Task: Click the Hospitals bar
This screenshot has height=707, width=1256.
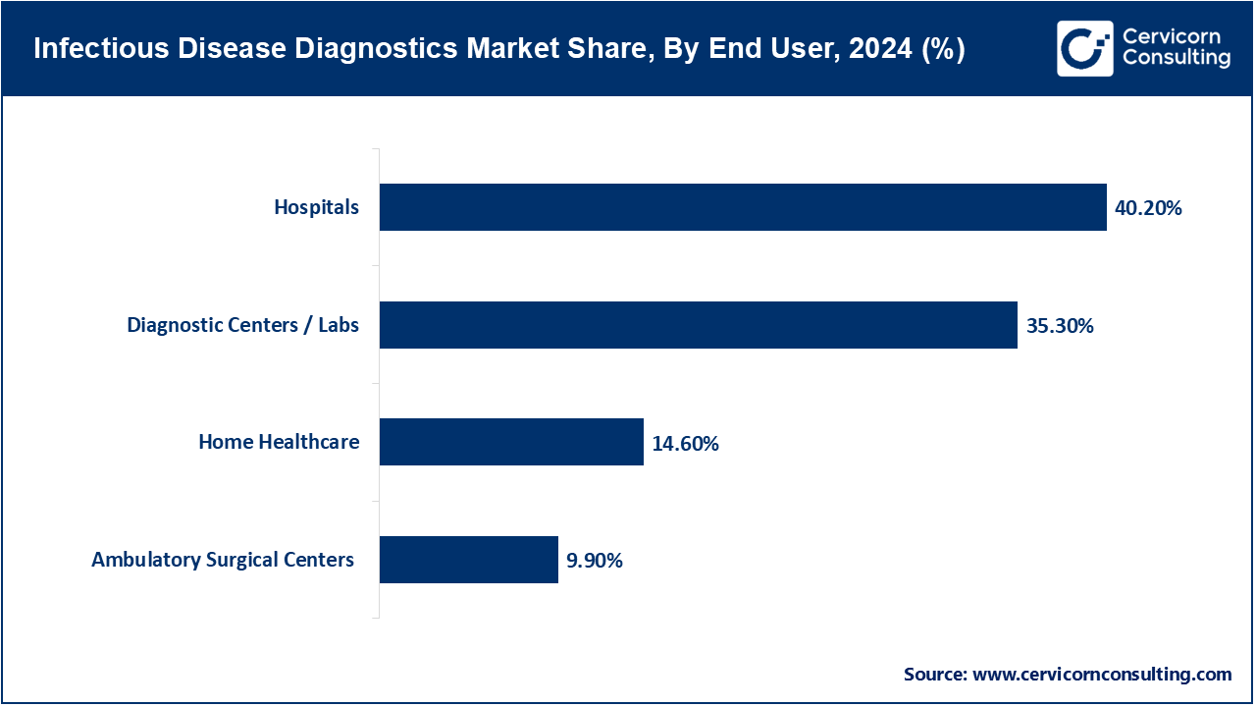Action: click(743, 207)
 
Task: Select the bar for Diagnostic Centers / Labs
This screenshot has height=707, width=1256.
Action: click(698, 325)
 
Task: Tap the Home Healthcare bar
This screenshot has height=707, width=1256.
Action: click(511, 442)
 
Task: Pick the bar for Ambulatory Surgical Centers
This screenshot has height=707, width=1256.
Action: click(468, 560)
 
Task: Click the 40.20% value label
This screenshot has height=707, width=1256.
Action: click(1148, 208)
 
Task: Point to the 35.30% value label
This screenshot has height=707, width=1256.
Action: click(1060, 326)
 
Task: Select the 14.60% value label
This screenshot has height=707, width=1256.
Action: click(685, 444)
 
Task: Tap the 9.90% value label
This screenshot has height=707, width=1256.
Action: click(595, 561)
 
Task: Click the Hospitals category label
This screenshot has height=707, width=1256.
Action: click(316, 207)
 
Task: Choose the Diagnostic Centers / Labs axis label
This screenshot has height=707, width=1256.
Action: click(242, 325)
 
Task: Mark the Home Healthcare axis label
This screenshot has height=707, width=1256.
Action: click(279, 442)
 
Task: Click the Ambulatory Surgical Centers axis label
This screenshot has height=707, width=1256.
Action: click(223, 560)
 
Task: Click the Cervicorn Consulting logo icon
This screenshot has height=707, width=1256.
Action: click(1084, 48)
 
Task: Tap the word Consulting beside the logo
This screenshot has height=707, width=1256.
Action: click(1176, 59)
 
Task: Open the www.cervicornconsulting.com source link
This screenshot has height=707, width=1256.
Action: click(1102, 675)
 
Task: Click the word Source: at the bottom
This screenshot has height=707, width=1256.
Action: click(935, 675)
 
